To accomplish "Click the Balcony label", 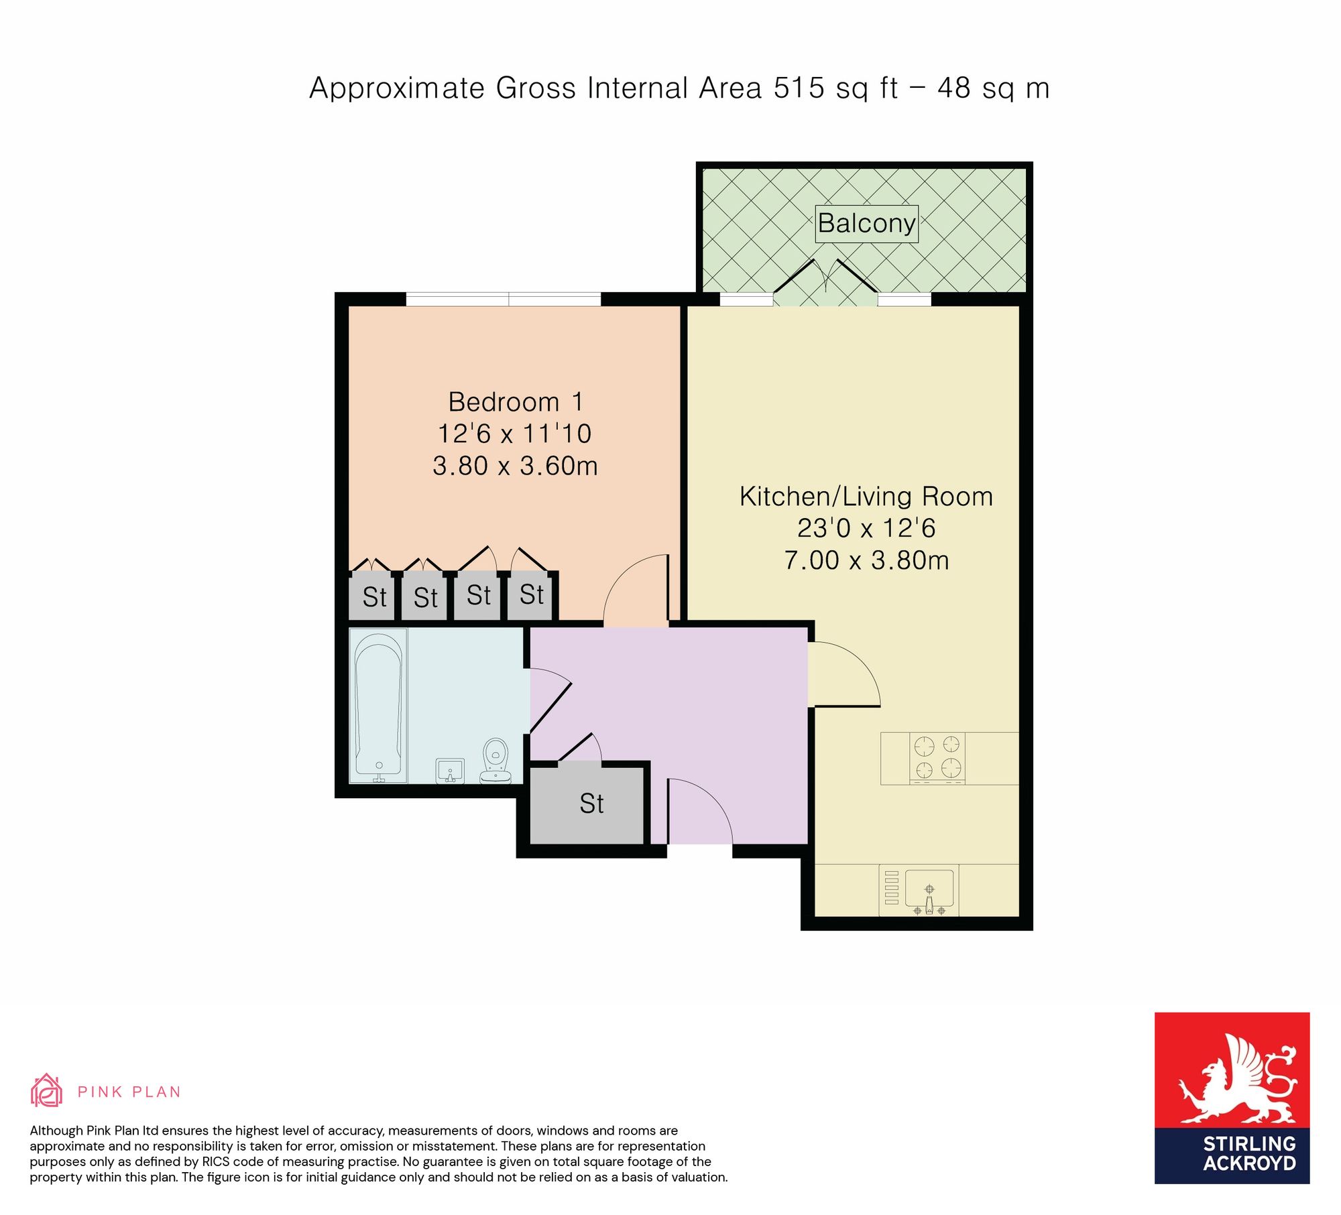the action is (x=866, y=223).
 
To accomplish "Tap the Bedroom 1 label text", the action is (x=515, y=402).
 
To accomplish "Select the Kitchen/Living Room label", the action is (x=866, y=497).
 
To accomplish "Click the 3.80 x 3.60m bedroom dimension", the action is (x=515, y=466).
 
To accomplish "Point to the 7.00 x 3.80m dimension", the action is (x=866, y=560).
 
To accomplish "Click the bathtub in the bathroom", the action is (x=378, y=706).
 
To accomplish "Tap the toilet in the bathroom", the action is (x=495, y=761).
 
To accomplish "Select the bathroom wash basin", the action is (x=450, y=771).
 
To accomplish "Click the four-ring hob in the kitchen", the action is (x=937, y=758).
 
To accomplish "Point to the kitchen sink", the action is (x=929, y=890).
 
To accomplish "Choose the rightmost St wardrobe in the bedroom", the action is (x=531, y=594).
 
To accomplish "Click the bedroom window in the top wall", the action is (x=504, y=299).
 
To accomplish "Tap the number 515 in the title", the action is (x=799, y=88).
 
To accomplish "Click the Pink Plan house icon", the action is (x=46, y=1090).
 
